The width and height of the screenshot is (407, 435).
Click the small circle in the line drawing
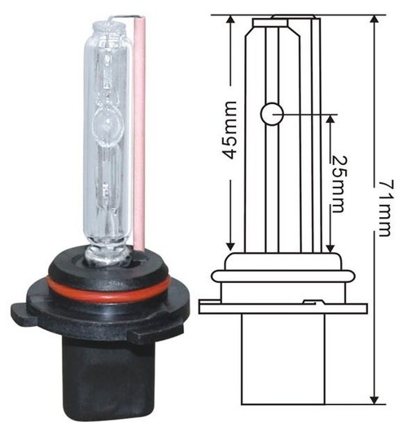click(271, 113)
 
